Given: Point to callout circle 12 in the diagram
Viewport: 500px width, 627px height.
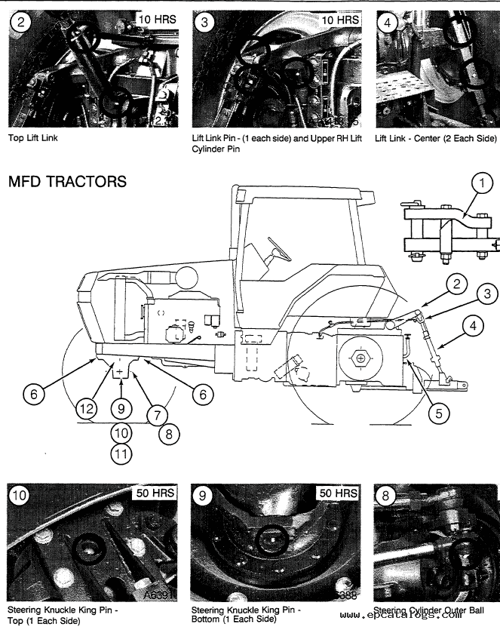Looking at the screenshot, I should point(88,408).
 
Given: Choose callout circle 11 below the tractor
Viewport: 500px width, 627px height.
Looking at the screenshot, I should point(119,454).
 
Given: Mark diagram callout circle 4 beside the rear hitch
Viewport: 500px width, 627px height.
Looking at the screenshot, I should point(474,327).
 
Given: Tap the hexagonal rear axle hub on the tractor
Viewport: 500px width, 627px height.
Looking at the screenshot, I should point(362,357).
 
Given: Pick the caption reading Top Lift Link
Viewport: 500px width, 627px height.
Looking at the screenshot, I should point(32,138).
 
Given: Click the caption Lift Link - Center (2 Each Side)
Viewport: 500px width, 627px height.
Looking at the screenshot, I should point(435,138).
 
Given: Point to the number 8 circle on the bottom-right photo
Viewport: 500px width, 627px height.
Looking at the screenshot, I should point(387,497).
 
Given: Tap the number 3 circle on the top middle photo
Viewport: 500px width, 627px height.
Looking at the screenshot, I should point(204,23).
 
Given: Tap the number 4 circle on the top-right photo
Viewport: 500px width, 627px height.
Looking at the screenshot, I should point(388,23).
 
